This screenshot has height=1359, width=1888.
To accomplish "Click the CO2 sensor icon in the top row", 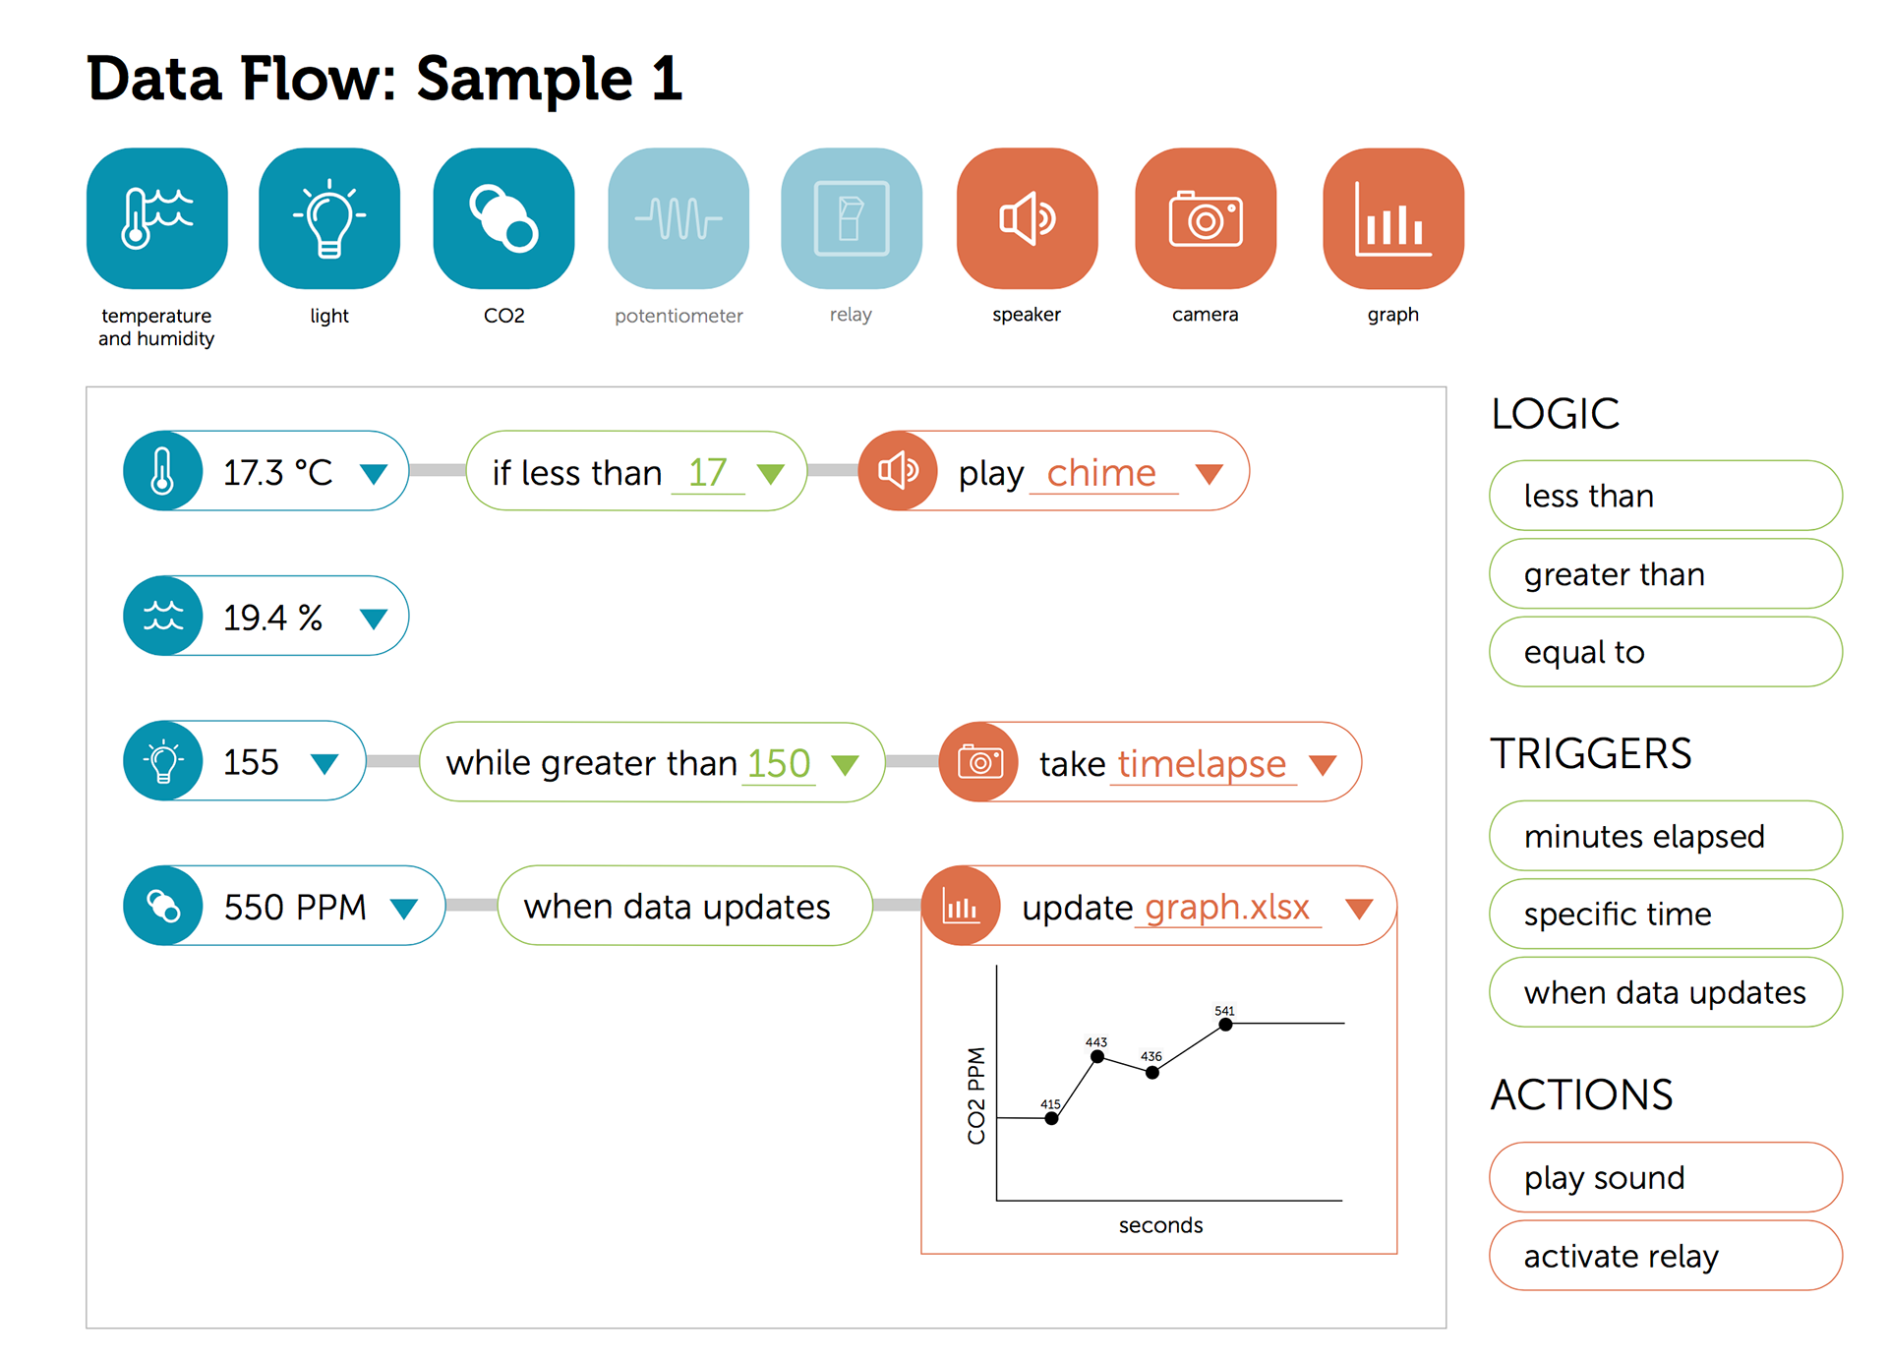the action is click(503, 218).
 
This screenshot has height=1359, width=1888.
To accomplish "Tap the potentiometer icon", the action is click(678, 218).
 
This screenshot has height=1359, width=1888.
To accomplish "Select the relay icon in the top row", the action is click(852, 218).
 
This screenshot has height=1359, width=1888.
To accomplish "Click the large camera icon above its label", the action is click(1206, 218).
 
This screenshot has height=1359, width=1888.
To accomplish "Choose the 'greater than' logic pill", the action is click(1666, 574).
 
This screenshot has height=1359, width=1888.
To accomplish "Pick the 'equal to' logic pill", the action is click(1666, 652).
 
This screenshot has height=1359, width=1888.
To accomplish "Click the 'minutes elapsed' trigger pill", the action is click(1666, 836).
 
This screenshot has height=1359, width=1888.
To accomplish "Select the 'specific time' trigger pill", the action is click(1666, 914).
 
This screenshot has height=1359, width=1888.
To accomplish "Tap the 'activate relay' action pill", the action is click(1666, 1256).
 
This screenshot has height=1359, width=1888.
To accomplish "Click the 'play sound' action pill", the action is click(1666, 1177).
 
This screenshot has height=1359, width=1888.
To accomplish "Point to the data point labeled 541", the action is click(1225, 1025).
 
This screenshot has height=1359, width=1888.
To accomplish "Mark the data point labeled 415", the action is click(1051, 1118).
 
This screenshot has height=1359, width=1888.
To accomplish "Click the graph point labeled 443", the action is click(1097, 1057).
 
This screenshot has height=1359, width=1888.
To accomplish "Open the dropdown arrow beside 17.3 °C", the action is click(373, 474).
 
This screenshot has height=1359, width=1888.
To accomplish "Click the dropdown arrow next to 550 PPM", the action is click(404, 909).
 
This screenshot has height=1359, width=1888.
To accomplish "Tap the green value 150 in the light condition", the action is click(779, 763).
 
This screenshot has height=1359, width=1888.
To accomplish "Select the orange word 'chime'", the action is click(1101, 473).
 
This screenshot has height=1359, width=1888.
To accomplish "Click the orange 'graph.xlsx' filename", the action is click(1227, 907).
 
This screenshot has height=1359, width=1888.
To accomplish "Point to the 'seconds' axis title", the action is click(1160, 1225).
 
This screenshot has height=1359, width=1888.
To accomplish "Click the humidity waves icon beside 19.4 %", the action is click(163, 616).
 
